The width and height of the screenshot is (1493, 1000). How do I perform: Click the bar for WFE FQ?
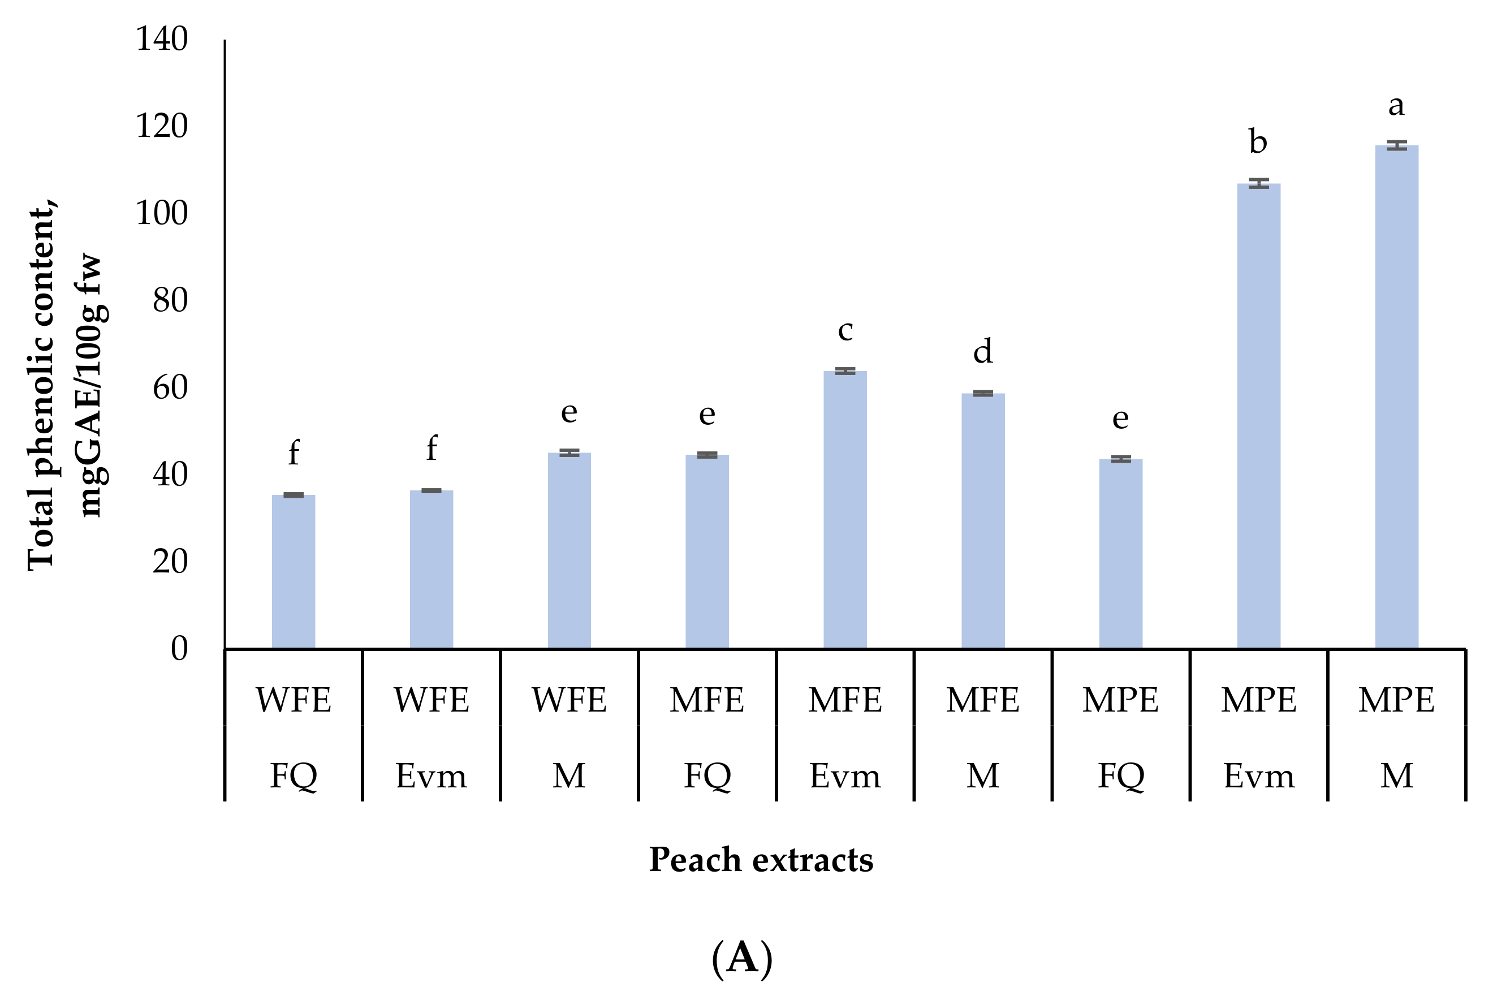[294, 571]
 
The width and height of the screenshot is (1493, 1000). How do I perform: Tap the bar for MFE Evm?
[845, 510]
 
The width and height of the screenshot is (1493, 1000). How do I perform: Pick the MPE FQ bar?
[1121, 554]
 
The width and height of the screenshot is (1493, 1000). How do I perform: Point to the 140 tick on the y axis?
[162, 40]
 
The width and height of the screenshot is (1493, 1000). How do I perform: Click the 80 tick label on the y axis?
[170, 300]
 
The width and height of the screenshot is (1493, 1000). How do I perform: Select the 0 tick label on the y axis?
[179, 649]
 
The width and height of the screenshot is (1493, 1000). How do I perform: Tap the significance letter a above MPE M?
[1396, 106]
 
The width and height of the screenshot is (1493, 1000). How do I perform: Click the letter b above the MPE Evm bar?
[1258, 141]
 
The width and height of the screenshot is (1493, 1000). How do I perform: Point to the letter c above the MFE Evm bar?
[845, 330]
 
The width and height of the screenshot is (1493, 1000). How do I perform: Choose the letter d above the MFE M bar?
[982, 351]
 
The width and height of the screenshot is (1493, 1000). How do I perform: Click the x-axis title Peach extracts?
[761, 860]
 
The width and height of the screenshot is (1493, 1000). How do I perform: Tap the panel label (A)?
[742, 958]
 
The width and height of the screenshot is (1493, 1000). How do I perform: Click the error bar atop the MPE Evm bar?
[1258, 183]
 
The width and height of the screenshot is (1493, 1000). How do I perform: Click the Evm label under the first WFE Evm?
[431, 777]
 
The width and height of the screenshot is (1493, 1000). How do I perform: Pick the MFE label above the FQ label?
[706, 700]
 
